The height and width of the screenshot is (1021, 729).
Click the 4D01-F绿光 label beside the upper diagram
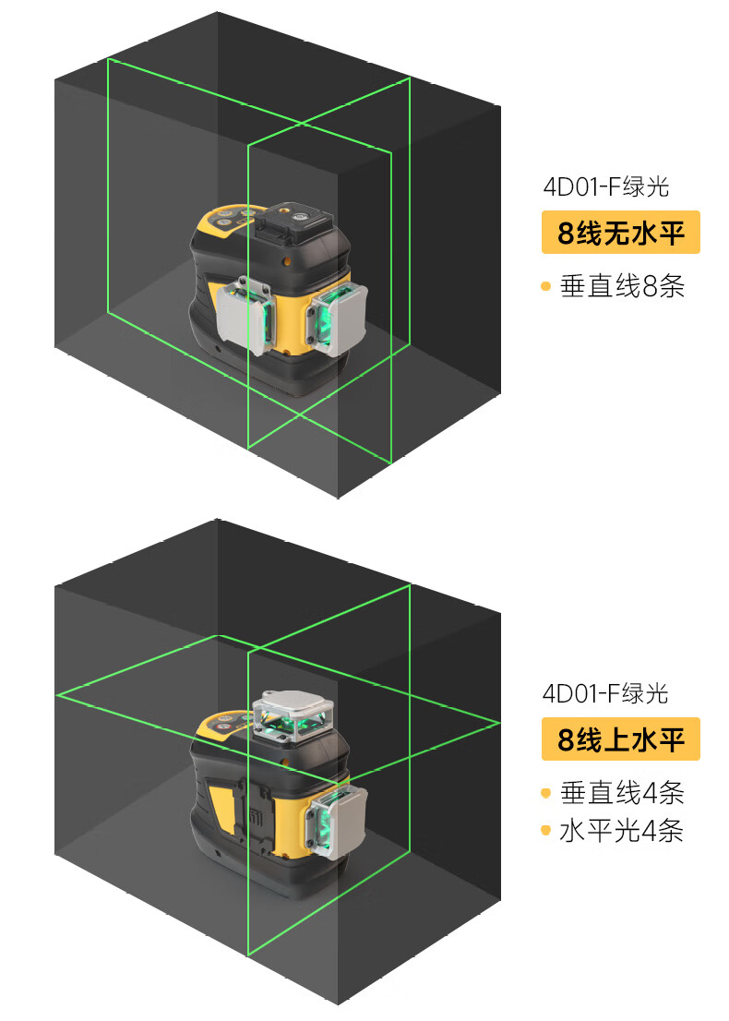605,187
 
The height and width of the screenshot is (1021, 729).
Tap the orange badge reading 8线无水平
620,233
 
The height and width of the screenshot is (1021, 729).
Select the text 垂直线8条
622,286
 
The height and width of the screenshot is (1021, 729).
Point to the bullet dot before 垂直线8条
545,287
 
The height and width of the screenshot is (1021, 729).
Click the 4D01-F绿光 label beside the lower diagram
605,692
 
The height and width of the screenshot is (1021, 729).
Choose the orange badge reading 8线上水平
620,739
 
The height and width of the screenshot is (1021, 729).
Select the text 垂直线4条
622,792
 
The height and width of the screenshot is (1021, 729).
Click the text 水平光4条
622,831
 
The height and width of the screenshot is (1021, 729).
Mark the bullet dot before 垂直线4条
545,793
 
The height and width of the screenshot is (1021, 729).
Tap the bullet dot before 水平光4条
545,831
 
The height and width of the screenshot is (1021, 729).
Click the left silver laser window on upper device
245,316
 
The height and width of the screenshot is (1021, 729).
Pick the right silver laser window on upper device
338,318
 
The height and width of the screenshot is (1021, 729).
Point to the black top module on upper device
293,222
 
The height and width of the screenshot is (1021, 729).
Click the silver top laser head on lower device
292,715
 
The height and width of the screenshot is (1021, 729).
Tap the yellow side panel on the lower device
223,812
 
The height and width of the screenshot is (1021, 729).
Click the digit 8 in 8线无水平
566,234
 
